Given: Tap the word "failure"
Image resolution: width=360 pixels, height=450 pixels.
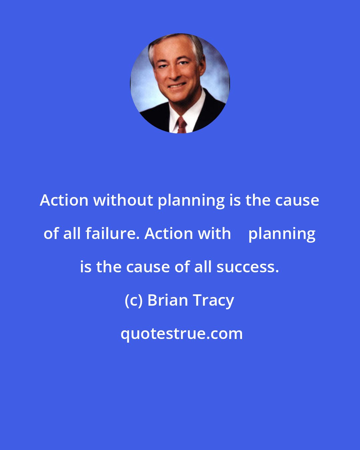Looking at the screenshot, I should tap(112, 234).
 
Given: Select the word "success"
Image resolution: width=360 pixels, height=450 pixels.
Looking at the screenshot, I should tap(247, 267).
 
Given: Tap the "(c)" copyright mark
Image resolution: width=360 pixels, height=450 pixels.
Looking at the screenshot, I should tap(134, 301).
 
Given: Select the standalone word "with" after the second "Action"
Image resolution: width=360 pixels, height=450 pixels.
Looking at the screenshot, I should tap(214, 234).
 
